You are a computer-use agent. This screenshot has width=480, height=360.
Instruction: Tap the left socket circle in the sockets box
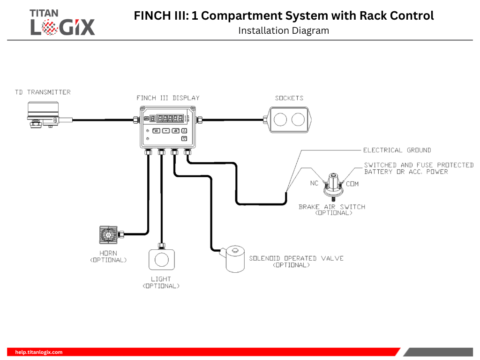tap(280, 120)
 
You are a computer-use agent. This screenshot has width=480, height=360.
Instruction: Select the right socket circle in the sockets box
tap(298, 120)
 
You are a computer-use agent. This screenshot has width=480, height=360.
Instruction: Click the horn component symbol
tap(108, 234)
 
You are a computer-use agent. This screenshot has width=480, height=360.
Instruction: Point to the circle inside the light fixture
tap(162, 260)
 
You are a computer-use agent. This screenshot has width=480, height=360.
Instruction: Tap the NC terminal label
tap(315, 183)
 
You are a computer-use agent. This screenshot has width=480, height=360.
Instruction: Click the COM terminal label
tap(352, 184)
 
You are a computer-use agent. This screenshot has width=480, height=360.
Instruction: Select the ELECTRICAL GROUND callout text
tap(397, 150)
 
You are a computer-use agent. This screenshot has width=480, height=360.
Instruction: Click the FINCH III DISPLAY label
tap(168, 98)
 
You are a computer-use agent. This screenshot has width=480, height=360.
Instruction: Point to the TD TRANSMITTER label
tap(43, 92)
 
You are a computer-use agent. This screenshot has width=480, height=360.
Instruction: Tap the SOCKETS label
tap(289, 98)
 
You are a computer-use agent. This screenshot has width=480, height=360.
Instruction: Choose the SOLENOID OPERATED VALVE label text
tap(296, 258)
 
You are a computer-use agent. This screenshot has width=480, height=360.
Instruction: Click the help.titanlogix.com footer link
tap(39, 352)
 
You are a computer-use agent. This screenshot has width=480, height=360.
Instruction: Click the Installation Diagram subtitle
tap(284, 31)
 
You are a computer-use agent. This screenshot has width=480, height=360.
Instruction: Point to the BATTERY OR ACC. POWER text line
tap(406, 172)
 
